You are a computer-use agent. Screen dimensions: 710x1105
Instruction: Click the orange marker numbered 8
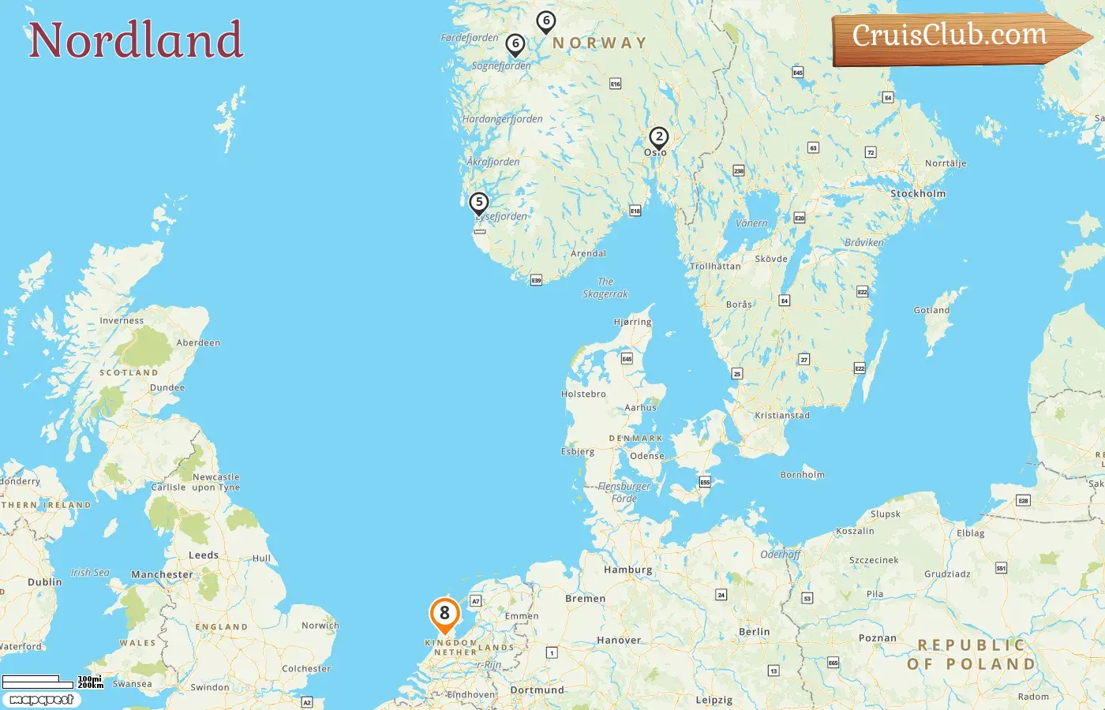click(444, 614)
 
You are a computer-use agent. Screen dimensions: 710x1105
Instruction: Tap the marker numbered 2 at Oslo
click(658, 137)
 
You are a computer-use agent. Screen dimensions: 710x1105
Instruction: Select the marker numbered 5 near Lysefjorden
click(478, 203)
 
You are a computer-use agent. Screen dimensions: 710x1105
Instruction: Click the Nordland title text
click(136, 40)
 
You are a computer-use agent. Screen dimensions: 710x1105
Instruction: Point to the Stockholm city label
click(917, 193)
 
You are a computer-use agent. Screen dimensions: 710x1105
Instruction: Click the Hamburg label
click(627, 570)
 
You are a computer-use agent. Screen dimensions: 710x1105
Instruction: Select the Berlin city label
click(754, 632)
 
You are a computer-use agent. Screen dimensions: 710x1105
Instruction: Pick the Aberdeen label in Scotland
click(198, 342)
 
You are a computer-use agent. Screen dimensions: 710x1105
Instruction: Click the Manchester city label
click(162, 574)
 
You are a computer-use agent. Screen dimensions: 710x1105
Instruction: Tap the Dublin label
click(44, 582)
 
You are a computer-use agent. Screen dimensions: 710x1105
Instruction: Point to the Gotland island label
click(931, 310)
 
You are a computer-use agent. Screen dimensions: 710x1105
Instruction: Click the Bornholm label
click(802, 475)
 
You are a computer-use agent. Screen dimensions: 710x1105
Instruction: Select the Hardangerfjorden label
click(502, 119)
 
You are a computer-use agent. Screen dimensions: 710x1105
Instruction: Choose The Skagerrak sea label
click(605, 288)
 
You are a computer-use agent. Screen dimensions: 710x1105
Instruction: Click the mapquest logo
click(41, 699)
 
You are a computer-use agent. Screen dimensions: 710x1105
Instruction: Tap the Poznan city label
click(877, 637)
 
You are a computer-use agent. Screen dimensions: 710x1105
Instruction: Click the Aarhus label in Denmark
click(640, 408)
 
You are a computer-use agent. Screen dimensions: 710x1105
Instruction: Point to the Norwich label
click(320, 626)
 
